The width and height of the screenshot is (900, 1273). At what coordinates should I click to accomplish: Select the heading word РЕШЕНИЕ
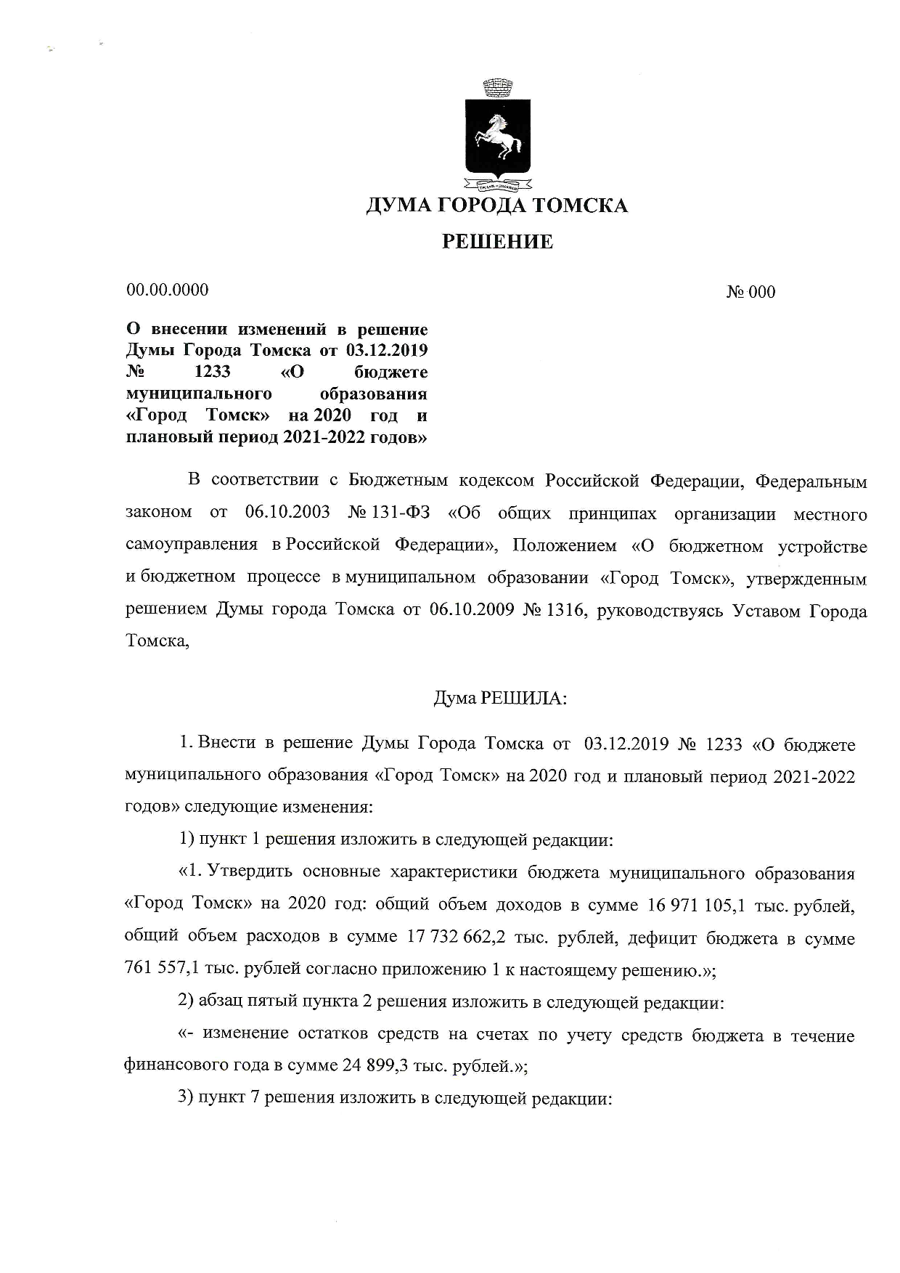[x=498, y=242]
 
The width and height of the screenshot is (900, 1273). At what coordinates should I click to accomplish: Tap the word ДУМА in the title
[x=397, y=206]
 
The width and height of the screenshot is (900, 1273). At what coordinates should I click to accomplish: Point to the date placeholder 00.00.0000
[x=168, y=290]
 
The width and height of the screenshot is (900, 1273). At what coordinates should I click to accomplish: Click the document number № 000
[x=750, y=292]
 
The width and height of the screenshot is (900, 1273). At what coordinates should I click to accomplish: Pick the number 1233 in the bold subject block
[x=213, y=372]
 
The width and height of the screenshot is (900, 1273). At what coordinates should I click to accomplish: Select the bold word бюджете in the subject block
[x=396, y=372]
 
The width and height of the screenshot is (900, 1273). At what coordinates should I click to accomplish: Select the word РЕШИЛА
[x=523, y=699]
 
